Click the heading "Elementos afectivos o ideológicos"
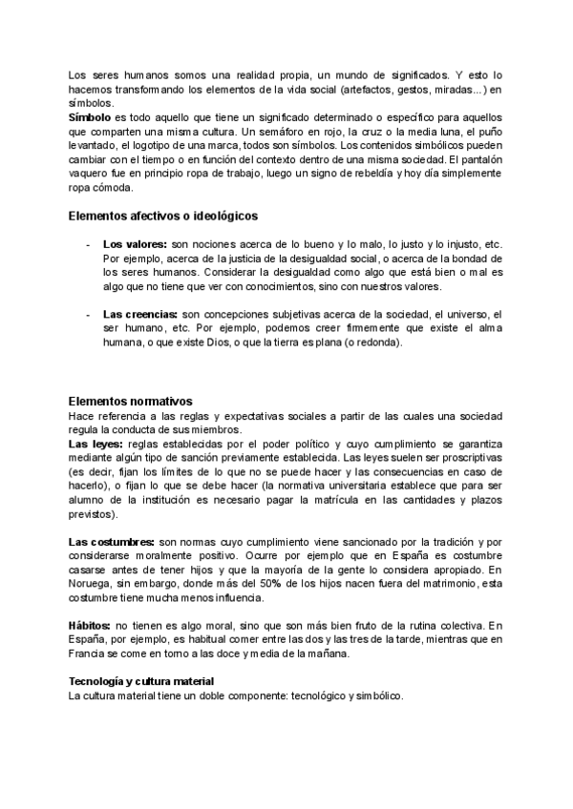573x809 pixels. click(163, 216)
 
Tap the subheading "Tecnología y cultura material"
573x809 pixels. click(141, 679)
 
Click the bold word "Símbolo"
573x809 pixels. click(91, 115)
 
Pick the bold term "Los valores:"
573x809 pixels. click(135, 245)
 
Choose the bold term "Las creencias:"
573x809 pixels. click(139, 314)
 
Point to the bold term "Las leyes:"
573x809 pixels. click(95, 445)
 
